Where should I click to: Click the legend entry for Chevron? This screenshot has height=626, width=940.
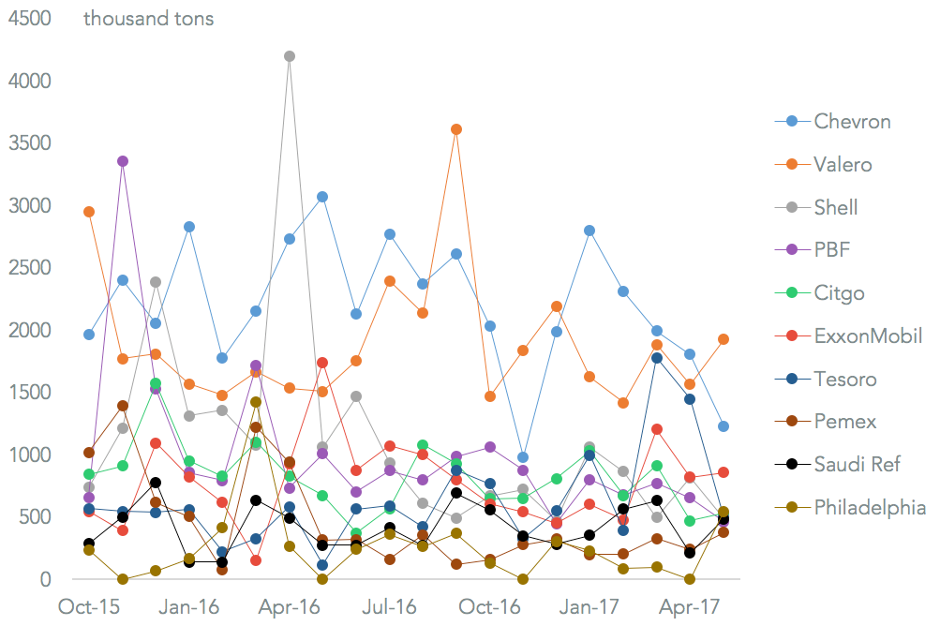pos(851,121)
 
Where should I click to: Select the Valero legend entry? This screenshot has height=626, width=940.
pos(843,164)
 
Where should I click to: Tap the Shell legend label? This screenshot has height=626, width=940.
pos(835,207)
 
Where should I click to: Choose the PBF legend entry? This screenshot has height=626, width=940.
pos(831,250)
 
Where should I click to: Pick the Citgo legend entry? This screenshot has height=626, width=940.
pos(839,293)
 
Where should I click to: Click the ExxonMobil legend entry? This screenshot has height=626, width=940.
pos(868,336)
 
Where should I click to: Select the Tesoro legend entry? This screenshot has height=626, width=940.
pos(844,380)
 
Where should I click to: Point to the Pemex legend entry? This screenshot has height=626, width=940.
pos(844,422)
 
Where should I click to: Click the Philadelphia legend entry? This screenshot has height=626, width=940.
pos(870,508)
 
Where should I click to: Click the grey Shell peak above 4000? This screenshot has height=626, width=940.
pos(290,56)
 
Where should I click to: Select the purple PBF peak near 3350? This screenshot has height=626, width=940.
pos(123,161)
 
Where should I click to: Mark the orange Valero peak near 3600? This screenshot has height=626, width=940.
pos(456,129)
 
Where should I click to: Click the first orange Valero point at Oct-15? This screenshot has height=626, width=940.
pos(89,212)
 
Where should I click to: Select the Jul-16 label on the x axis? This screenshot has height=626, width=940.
pos(389,606)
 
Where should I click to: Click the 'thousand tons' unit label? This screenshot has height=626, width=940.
pos(148,19)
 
